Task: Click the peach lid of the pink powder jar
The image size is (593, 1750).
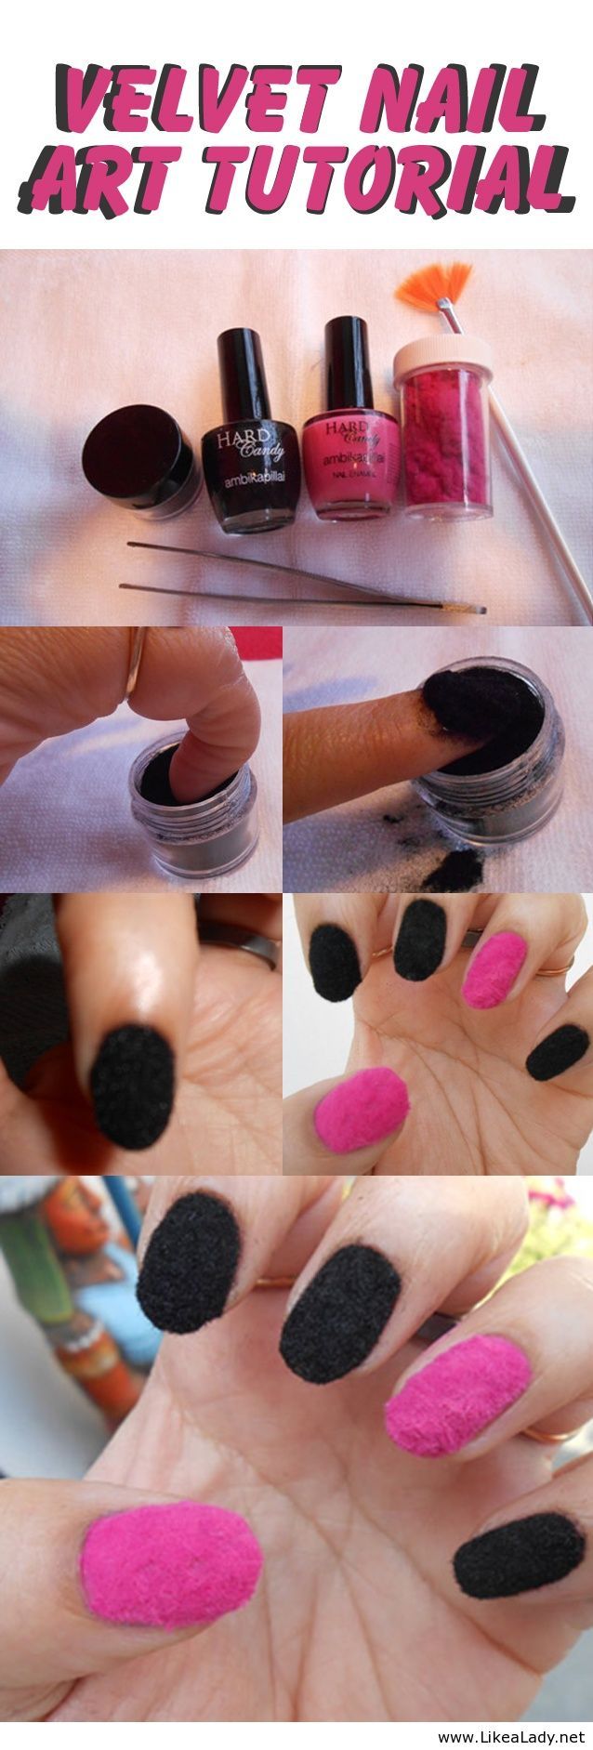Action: tap(443, 354)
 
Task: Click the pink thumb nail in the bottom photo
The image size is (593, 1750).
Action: tap(171, 1566)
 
